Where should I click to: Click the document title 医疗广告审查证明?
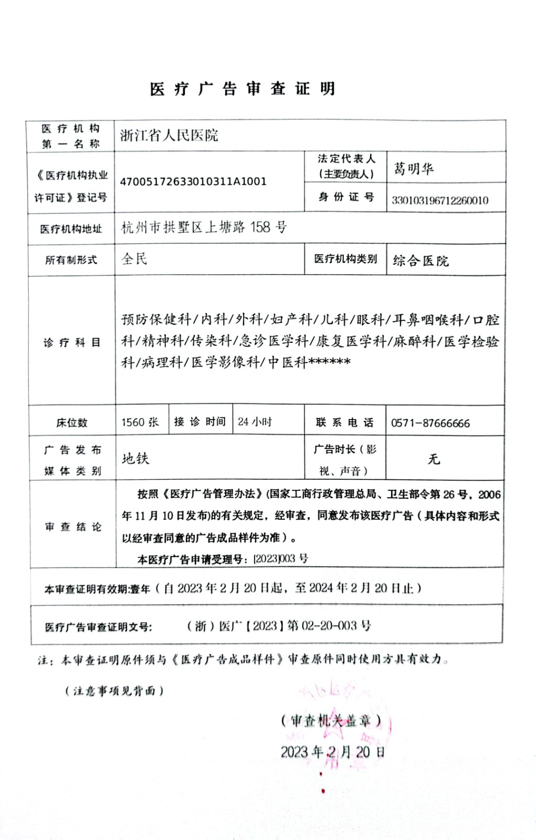point(243,89)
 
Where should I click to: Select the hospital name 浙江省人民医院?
point(169,135)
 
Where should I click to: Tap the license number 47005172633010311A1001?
point(193,182)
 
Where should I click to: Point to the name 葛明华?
point(414,169)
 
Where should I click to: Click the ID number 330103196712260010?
point(440,200)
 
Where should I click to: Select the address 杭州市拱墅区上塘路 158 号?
point(204,227)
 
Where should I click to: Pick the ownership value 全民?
point(134,259)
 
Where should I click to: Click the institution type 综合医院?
point(421,260)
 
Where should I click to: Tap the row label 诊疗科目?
point(71,343)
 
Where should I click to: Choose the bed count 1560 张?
point(140,422)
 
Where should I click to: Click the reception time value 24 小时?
point(255,422)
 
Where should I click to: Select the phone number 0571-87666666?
point(430,423)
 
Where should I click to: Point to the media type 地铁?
point(135,459)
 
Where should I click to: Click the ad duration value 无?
point(434,459)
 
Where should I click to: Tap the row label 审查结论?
point(73,527)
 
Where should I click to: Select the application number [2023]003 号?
point(280,559)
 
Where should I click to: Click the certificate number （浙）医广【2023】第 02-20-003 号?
point(279,626)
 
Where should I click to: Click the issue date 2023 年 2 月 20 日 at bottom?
point(333,752)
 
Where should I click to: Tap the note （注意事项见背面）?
point(114,690)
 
